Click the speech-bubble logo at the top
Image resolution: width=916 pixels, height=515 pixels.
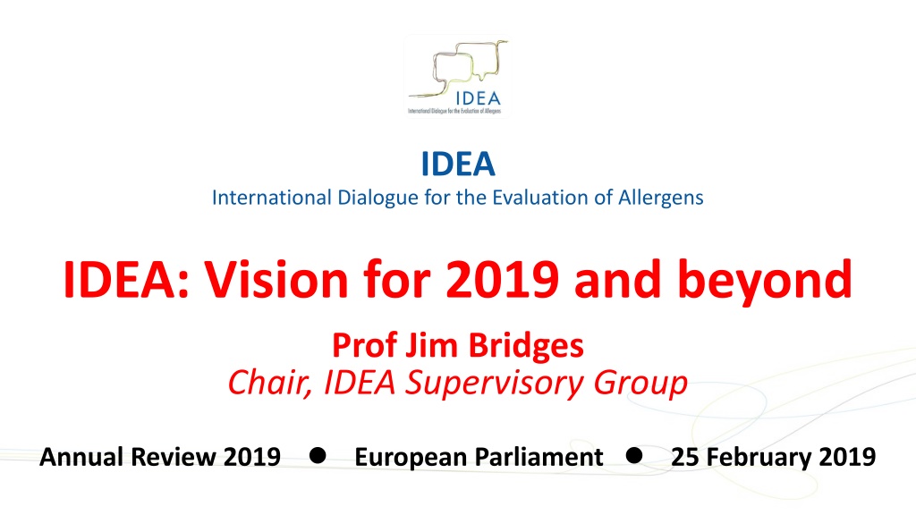click(457, 77)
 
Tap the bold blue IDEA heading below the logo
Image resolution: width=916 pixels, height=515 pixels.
click(458, 165)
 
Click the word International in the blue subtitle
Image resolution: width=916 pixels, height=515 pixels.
click(272, 198)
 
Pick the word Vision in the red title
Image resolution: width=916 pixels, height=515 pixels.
click(276, 280)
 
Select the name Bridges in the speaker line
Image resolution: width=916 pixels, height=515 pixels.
click(526, 345)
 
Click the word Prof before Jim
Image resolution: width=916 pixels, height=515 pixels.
click(365, 345)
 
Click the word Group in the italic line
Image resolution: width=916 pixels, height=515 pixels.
click(640, 384)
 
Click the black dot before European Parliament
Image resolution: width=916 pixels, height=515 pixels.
click(318, 455)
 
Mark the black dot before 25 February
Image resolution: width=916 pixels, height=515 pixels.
click(634, 455)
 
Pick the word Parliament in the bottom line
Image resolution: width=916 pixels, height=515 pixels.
click(541, 457)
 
